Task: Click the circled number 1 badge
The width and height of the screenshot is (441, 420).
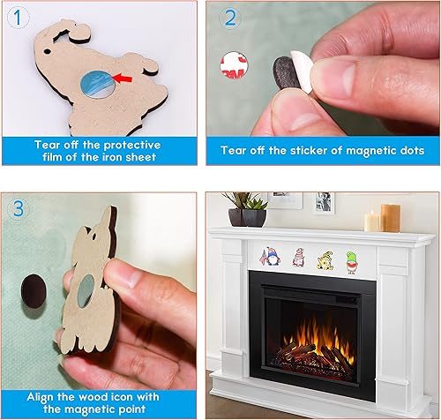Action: [14, 14]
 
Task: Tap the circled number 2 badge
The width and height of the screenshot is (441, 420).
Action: [230, 17]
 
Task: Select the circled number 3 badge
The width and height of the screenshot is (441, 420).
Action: [18, 208]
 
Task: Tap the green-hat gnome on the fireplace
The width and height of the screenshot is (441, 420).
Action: [353, 259]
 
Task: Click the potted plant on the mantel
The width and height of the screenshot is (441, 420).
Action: [246, 209]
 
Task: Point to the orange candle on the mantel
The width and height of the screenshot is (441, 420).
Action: [390, 217]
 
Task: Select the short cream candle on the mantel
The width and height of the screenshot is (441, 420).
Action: [372, 221]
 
